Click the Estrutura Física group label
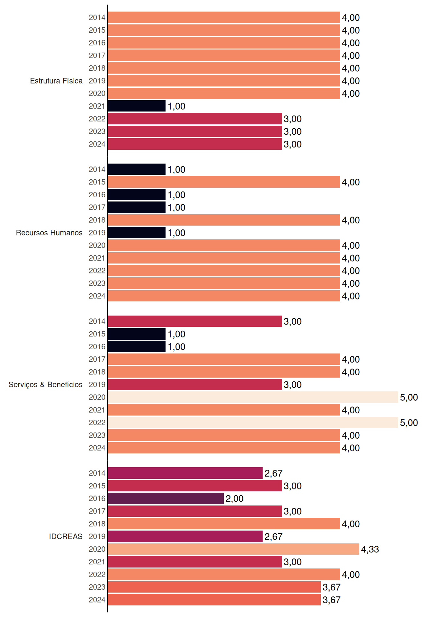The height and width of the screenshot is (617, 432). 56,81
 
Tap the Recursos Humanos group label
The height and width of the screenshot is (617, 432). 49,233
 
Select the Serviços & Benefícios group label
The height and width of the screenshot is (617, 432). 45,385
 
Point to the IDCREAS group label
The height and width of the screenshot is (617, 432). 66,536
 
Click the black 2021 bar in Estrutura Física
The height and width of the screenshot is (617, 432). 137,106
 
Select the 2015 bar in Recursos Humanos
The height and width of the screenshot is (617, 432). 224,182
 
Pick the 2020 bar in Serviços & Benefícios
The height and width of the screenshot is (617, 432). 253,397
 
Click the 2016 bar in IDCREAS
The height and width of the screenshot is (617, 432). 166,498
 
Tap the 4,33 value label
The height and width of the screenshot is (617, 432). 370,549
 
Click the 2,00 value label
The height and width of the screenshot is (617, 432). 234,498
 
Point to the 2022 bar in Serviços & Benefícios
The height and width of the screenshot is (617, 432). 253,423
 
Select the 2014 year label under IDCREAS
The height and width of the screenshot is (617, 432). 97,473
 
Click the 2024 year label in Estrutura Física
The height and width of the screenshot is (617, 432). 97,144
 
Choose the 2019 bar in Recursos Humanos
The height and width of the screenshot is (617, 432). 137,233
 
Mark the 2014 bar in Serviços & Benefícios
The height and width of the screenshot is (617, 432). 195,321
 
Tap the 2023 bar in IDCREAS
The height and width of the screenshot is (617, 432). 214,587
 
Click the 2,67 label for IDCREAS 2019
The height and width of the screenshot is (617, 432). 273,536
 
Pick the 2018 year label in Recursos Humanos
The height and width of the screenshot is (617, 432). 97,220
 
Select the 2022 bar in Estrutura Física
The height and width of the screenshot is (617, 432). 195,119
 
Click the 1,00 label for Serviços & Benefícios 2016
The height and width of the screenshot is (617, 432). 176,347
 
